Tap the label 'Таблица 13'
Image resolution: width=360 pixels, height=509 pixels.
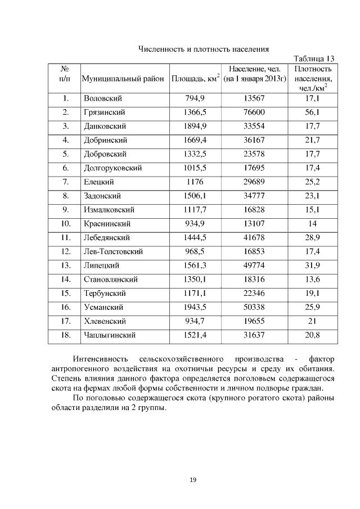[314, 58]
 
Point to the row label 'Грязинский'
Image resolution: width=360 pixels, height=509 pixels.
[104, 112]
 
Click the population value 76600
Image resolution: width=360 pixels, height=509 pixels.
[254, 112]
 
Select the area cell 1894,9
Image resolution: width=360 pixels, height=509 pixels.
[195, 126]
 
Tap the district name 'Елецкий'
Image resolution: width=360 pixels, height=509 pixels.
[99, 182]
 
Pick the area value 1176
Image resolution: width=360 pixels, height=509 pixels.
[195, 182]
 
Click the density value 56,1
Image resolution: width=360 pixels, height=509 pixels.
[312, 112]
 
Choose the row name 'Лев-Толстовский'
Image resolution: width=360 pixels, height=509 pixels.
[113, 251]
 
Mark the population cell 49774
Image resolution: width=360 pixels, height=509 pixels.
[254, 265]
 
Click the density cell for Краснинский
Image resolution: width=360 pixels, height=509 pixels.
[312, 223]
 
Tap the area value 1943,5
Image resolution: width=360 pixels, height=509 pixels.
[195, 307]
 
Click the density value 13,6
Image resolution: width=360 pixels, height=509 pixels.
[312, 280]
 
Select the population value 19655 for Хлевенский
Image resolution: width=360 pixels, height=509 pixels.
[254, 321]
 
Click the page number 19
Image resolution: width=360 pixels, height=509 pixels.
[192, 480]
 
